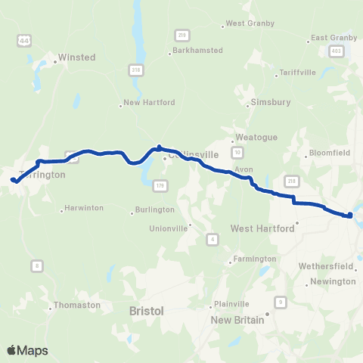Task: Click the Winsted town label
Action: [x=78, y=57]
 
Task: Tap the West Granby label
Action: [x=246, y=24]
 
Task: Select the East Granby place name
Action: [x=333, y=38]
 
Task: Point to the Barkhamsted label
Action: [x=197, y=50]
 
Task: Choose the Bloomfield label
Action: [x=329, y=154]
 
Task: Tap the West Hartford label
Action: [x=262, y=228]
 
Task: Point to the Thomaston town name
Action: [x=76, y=305]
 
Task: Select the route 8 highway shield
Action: [x=36, y=265]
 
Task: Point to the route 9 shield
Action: [x=281, y=302]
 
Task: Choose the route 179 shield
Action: [x=160, y=185]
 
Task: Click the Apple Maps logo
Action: [x=27, y=350]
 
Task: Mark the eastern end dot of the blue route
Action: [x=350, y=216]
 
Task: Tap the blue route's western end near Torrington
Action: [x=14, y=180]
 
